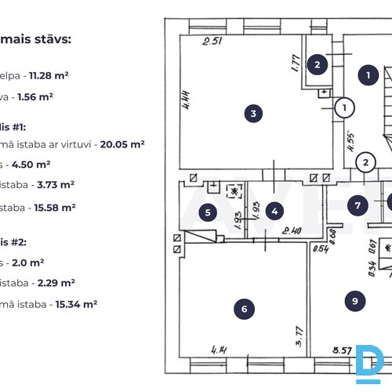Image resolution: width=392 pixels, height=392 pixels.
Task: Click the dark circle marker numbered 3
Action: [252, 114]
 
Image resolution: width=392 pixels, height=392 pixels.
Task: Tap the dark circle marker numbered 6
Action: [244, 309]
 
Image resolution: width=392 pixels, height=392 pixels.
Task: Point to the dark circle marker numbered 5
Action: [208, 212]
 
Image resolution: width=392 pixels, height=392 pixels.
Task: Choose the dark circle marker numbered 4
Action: [273, 211]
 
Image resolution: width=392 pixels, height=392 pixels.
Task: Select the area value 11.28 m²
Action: [49, 76]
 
